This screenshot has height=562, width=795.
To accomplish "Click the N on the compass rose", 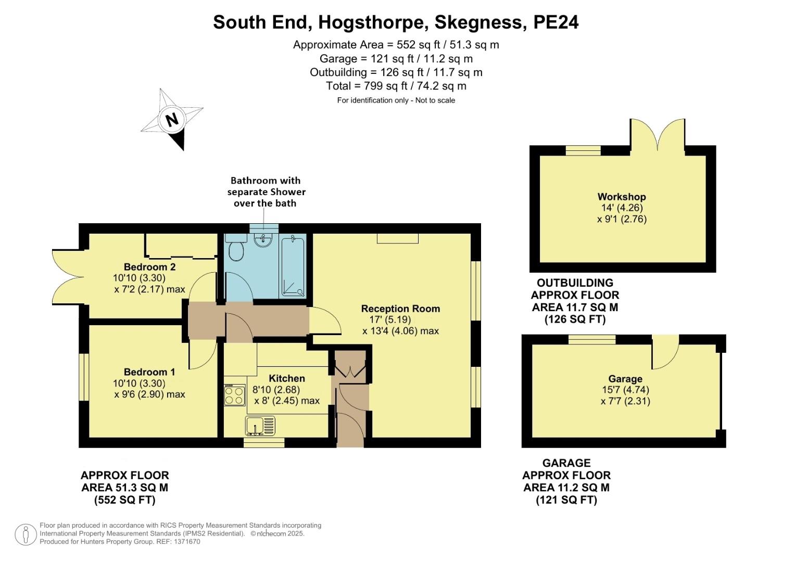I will coord(172,120).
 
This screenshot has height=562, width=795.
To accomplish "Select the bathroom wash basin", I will coord(263,240).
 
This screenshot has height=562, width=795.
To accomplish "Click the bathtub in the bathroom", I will coord(294,266).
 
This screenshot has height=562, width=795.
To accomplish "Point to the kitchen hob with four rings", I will coord(234,395).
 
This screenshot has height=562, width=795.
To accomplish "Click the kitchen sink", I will coord(260,426).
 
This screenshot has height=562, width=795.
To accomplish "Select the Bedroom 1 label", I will coord(149,372).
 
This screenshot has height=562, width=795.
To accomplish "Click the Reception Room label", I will coord(400,309).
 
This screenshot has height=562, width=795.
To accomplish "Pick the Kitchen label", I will coord(287,378).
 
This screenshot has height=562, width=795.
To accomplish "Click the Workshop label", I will coord(622,197).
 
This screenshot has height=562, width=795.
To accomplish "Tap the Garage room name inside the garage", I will coord(625,379).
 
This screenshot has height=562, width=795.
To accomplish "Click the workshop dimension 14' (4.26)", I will coord(622,208).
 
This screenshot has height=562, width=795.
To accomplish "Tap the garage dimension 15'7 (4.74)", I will coord(625,390).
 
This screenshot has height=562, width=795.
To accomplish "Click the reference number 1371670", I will coord(187,542).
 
